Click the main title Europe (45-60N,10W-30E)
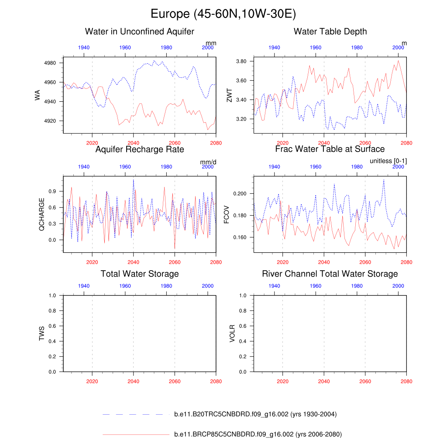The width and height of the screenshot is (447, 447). [223, 14]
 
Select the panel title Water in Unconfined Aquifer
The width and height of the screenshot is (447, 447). [140, 31]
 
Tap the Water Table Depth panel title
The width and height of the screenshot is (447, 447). [330, 31]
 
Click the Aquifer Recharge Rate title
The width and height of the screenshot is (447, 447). [140, 149]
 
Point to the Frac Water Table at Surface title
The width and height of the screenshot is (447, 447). [330, 149]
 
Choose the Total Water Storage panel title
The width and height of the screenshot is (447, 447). [140, 274]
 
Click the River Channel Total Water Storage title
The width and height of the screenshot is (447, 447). [330, 274]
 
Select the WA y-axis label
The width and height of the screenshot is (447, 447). [38, 95]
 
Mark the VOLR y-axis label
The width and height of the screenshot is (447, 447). [232, 333]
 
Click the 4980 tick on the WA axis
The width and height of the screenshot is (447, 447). [51, 63]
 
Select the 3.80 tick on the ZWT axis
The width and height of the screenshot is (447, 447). [241, 61]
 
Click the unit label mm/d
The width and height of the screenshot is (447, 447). [208, 162]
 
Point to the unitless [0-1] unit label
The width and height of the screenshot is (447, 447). [388, 161]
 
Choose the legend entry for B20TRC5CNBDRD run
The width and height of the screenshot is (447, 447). [255, 414]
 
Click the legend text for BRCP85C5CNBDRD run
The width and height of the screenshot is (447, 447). [258, 434]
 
